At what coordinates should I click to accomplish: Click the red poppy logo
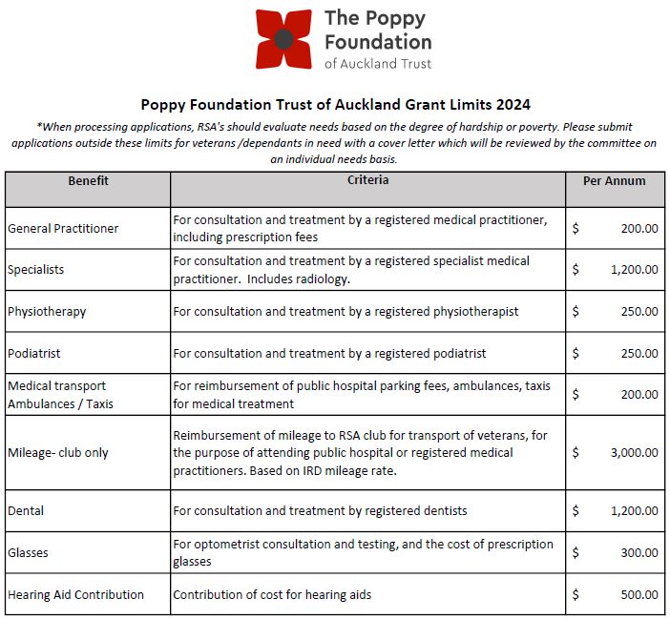click(283, 39)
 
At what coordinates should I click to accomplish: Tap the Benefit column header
click(88, 180)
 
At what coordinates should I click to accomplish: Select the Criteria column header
click(367, 180)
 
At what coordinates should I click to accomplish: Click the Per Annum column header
click(614, 180)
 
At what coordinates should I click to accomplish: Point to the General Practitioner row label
click(63, 229)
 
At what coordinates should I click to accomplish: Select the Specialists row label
click(35, 270)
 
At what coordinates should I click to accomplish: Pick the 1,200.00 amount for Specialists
click(634, 270)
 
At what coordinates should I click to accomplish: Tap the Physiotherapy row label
click(47, 312)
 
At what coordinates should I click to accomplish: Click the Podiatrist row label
click(33, 353)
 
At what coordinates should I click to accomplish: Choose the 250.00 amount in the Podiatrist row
click(639, 353)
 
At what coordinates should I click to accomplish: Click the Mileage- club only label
click(58, 453)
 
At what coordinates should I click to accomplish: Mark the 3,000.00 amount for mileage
click(634, 453)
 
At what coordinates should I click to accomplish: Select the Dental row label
click(25, 511)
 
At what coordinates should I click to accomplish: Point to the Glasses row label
click(28, 553)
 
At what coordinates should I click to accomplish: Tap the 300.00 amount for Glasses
click(639, 553)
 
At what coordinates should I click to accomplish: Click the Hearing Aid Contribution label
click(75, 595)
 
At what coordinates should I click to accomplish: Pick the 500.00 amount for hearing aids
click(639, 595)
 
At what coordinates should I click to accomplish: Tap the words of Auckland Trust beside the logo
click(378, 64)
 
